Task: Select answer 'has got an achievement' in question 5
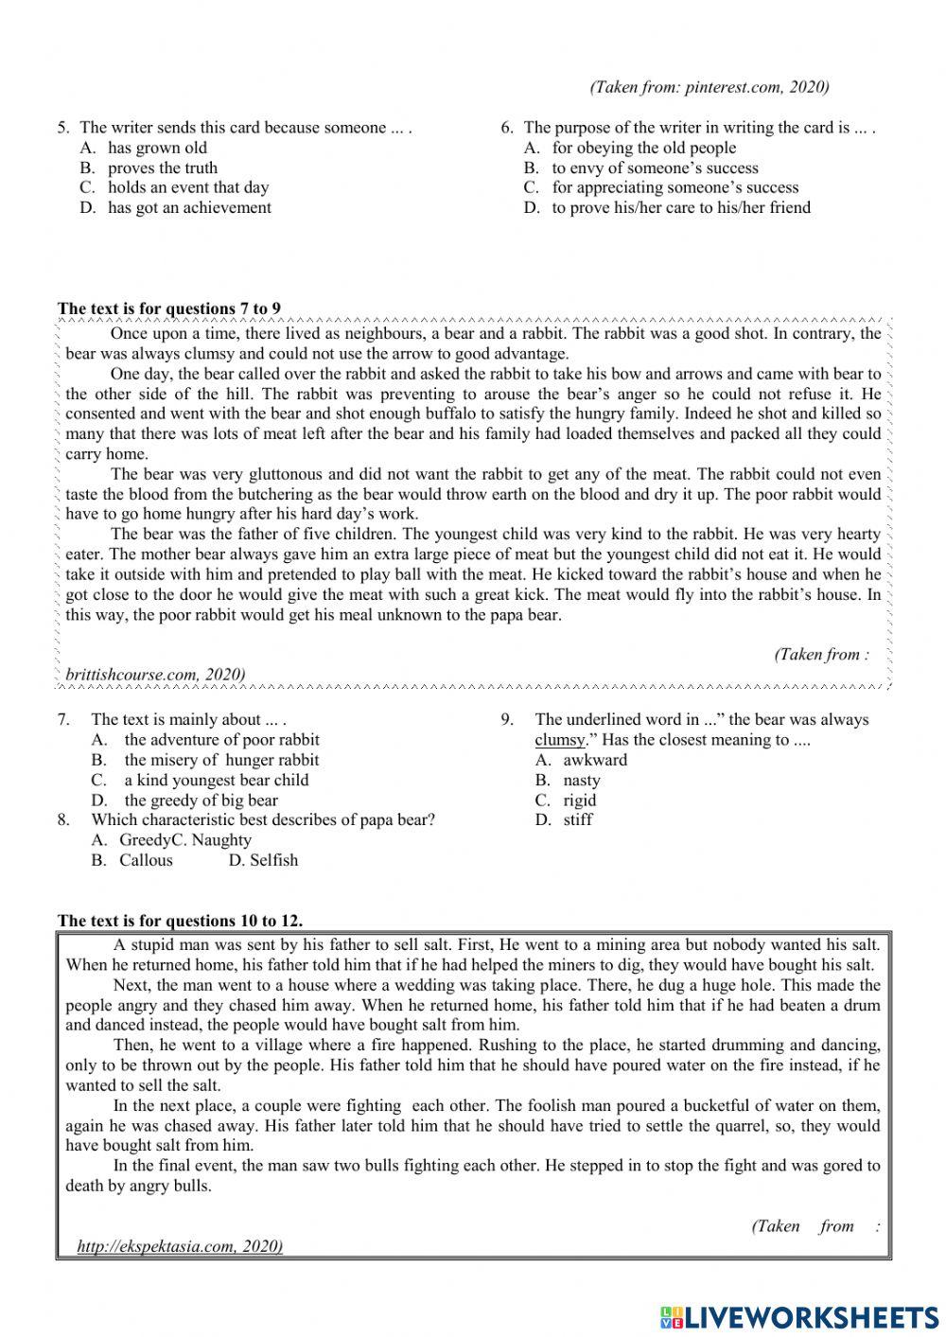(x=188, y=207)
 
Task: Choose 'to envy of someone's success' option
(x=655, y=167)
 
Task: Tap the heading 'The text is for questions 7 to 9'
(x=169, y=308)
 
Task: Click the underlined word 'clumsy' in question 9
(x=560, y=740)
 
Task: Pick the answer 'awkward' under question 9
(x=594, y=760)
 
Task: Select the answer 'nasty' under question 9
(x=581, y=780)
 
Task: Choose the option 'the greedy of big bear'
(x=201, y=800)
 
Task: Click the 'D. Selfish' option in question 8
(x=263, y=860)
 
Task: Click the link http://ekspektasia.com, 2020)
(x=180, y=1246)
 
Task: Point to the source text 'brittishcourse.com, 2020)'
(x=155, y=674)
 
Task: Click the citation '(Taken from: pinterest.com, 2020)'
(x=709, y=87)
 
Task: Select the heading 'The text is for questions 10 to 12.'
(x=180, y=921)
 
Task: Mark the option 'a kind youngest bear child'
(x=216, y=780)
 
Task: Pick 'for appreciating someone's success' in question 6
(x=674, y=187)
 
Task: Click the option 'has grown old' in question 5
(x=156, y=148)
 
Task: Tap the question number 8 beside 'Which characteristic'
(x=63, y=819)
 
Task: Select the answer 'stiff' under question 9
(x=577, y=819)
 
